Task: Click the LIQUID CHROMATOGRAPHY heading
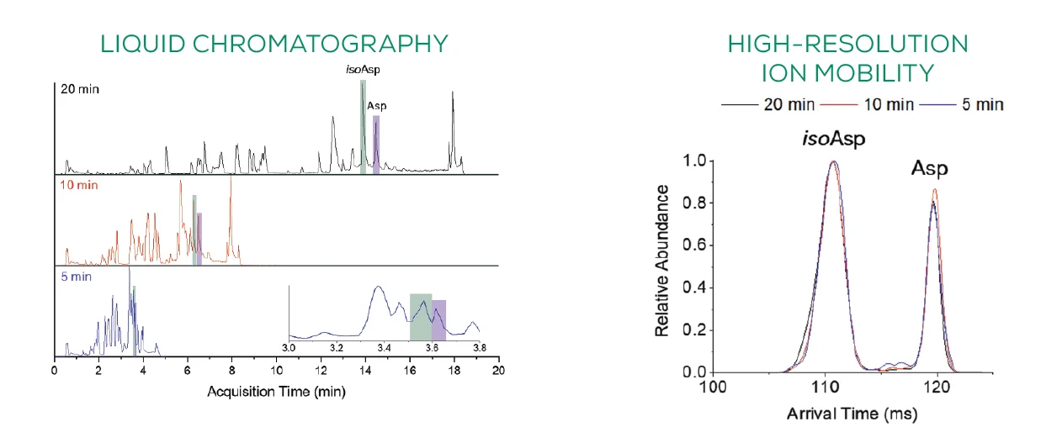pos(274,44)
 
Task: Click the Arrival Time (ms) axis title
pos(852,414)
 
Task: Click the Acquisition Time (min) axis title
pos(278,392)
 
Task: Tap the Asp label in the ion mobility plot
pos(929,169)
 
